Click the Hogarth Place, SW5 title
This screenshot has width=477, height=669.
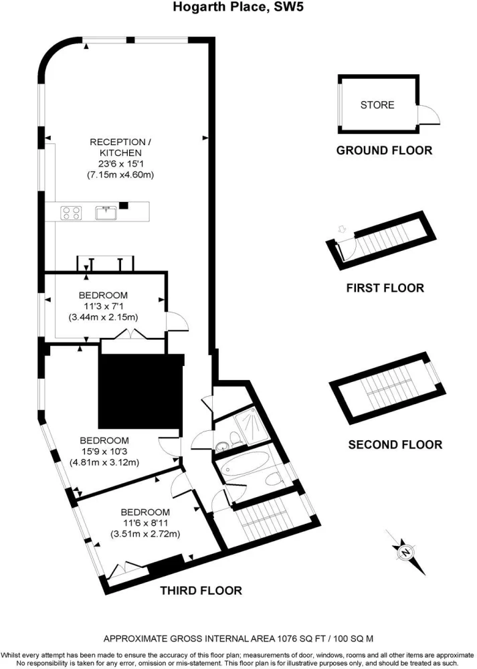click(238, 7)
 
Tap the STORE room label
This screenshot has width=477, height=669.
click(377, 105)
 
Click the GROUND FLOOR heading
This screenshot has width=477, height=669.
click(384, 150)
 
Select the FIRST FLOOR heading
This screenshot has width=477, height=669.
click(385, 288)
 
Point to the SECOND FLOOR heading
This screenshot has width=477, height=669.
click(395, 445)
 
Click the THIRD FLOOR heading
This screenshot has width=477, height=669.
click(201, 591)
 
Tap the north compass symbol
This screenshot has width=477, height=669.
click(405, 552)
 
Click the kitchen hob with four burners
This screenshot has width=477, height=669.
click(72, 213)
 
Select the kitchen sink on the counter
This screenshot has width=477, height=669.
click(106, 213)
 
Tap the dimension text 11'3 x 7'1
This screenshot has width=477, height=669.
click(103, 306)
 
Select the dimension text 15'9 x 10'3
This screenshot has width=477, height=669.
click(104, 452)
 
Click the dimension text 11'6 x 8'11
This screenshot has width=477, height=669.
click(145, 523)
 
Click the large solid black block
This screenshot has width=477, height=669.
click(140, 391)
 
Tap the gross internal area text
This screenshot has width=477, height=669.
click(238, 639)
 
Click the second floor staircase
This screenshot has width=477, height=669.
click(387, 387)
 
